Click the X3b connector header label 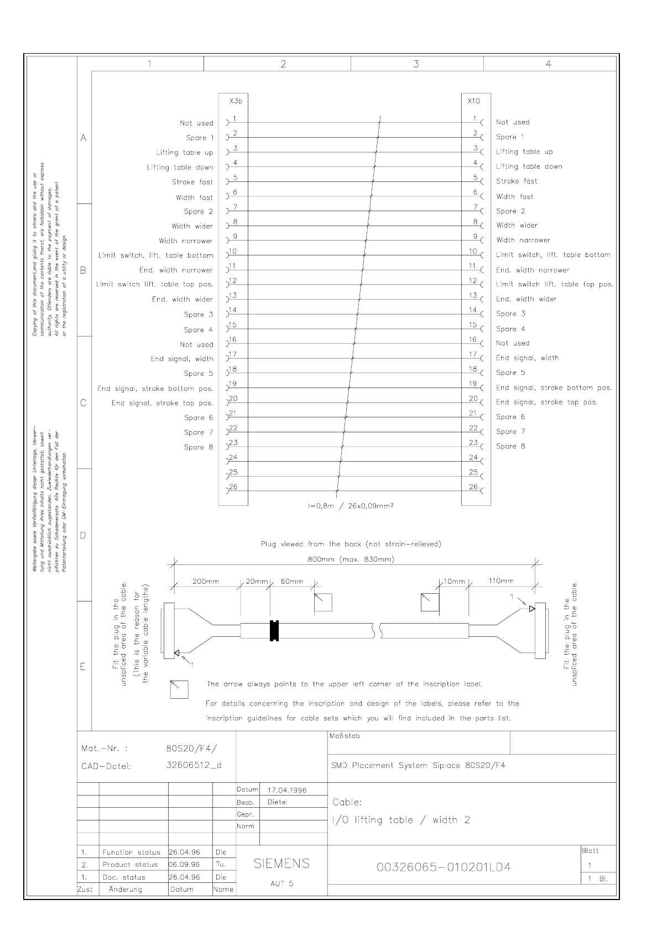[236, 101]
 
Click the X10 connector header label [473, 101]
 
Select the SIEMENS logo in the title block [281, 864]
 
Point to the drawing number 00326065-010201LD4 [444, 867]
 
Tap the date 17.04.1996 [287, 790]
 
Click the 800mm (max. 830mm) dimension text [351, 559]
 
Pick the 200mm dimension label [206, 581]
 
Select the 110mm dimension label [501, 580]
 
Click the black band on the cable [273, 631]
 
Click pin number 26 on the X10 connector [473, 487]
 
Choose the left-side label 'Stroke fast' [192, 182]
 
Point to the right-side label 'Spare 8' [510, 446]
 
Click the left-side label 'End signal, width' [181, 359]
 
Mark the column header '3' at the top [416, 64]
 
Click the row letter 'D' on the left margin [84, 535]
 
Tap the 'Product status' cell [130, 865]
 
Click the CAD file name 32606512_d [194, 766]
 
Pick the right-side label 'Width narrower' [523, 240]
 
